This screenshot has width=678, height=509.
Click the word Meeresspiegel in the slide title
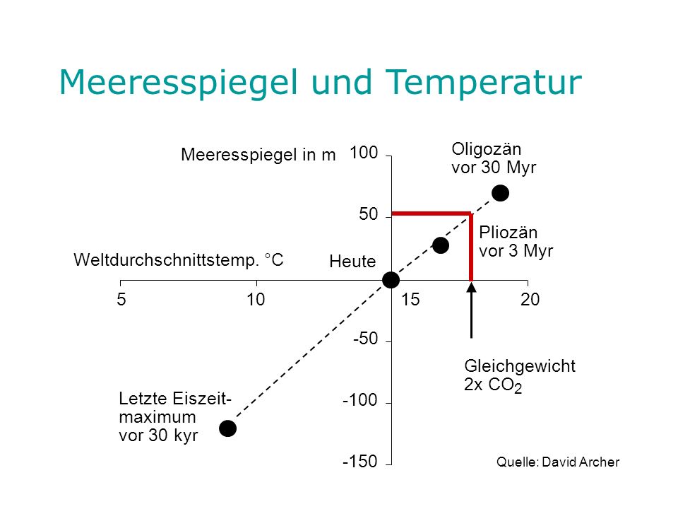179,82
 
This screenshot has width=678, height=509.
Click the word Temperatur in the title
483,82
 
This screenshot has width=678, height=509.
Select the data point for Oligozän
500,193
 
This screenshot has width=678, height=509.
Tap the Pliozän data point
441,245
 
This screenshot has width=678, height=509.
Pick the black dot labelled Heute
391,280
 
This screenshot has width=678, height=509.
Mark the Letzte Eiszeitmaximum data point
228,428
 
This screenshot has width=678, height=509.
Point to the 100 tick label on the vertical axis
364,153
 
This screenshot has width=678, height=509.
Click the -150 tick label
359,462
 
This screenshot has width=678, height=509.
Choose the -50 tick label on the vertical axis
365,339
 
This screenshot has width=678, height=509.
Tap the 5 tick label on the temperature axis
121,300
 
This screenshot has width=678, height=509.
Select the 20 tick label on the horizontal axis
530,300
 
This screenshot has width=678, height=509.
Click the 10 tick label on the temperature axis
256,300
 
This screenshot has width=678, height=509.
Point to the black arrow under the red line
471,310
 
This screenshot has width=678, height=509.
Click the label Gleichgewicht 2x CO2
520,375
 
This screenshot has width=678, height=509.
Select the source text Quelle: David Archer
558,462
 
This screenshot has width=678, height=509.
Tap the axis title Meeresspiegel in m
258,155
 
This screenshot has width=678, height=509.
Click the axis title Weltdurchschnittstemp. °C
179,260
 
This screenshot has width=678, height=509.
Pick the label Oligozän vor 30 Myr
494,158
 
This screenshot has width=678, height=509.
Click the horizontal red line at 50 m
431,213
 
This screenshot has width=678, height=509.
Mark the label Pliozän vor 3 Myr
516,242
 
